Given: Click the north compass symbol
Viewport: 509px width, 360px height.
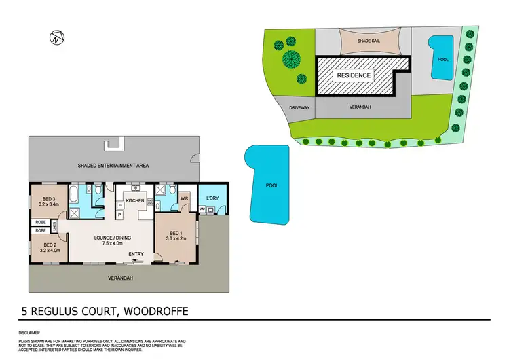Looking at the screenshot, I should [56, 38].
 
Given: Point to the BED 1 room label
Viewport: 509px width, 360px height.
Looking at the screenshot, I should [175, 234].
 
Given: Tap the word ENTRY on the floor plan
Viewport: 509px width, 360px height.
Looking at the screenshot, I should [136, 255].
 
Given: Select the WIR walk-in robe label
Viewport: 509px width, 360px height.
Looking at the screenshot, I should [184, 198].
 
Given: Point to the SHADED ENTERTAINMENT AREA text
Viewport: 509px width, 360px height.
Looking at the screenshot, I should [113, 165].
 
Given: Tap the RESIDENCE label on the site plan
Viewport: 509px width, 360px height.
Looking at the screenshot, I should [354, 75].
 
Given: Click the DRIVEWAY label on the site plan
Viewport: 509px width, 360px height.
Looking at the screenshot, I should [299, 107].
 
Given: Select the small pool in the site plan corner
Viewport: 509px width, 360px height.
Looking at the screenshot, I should [442, 58].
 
